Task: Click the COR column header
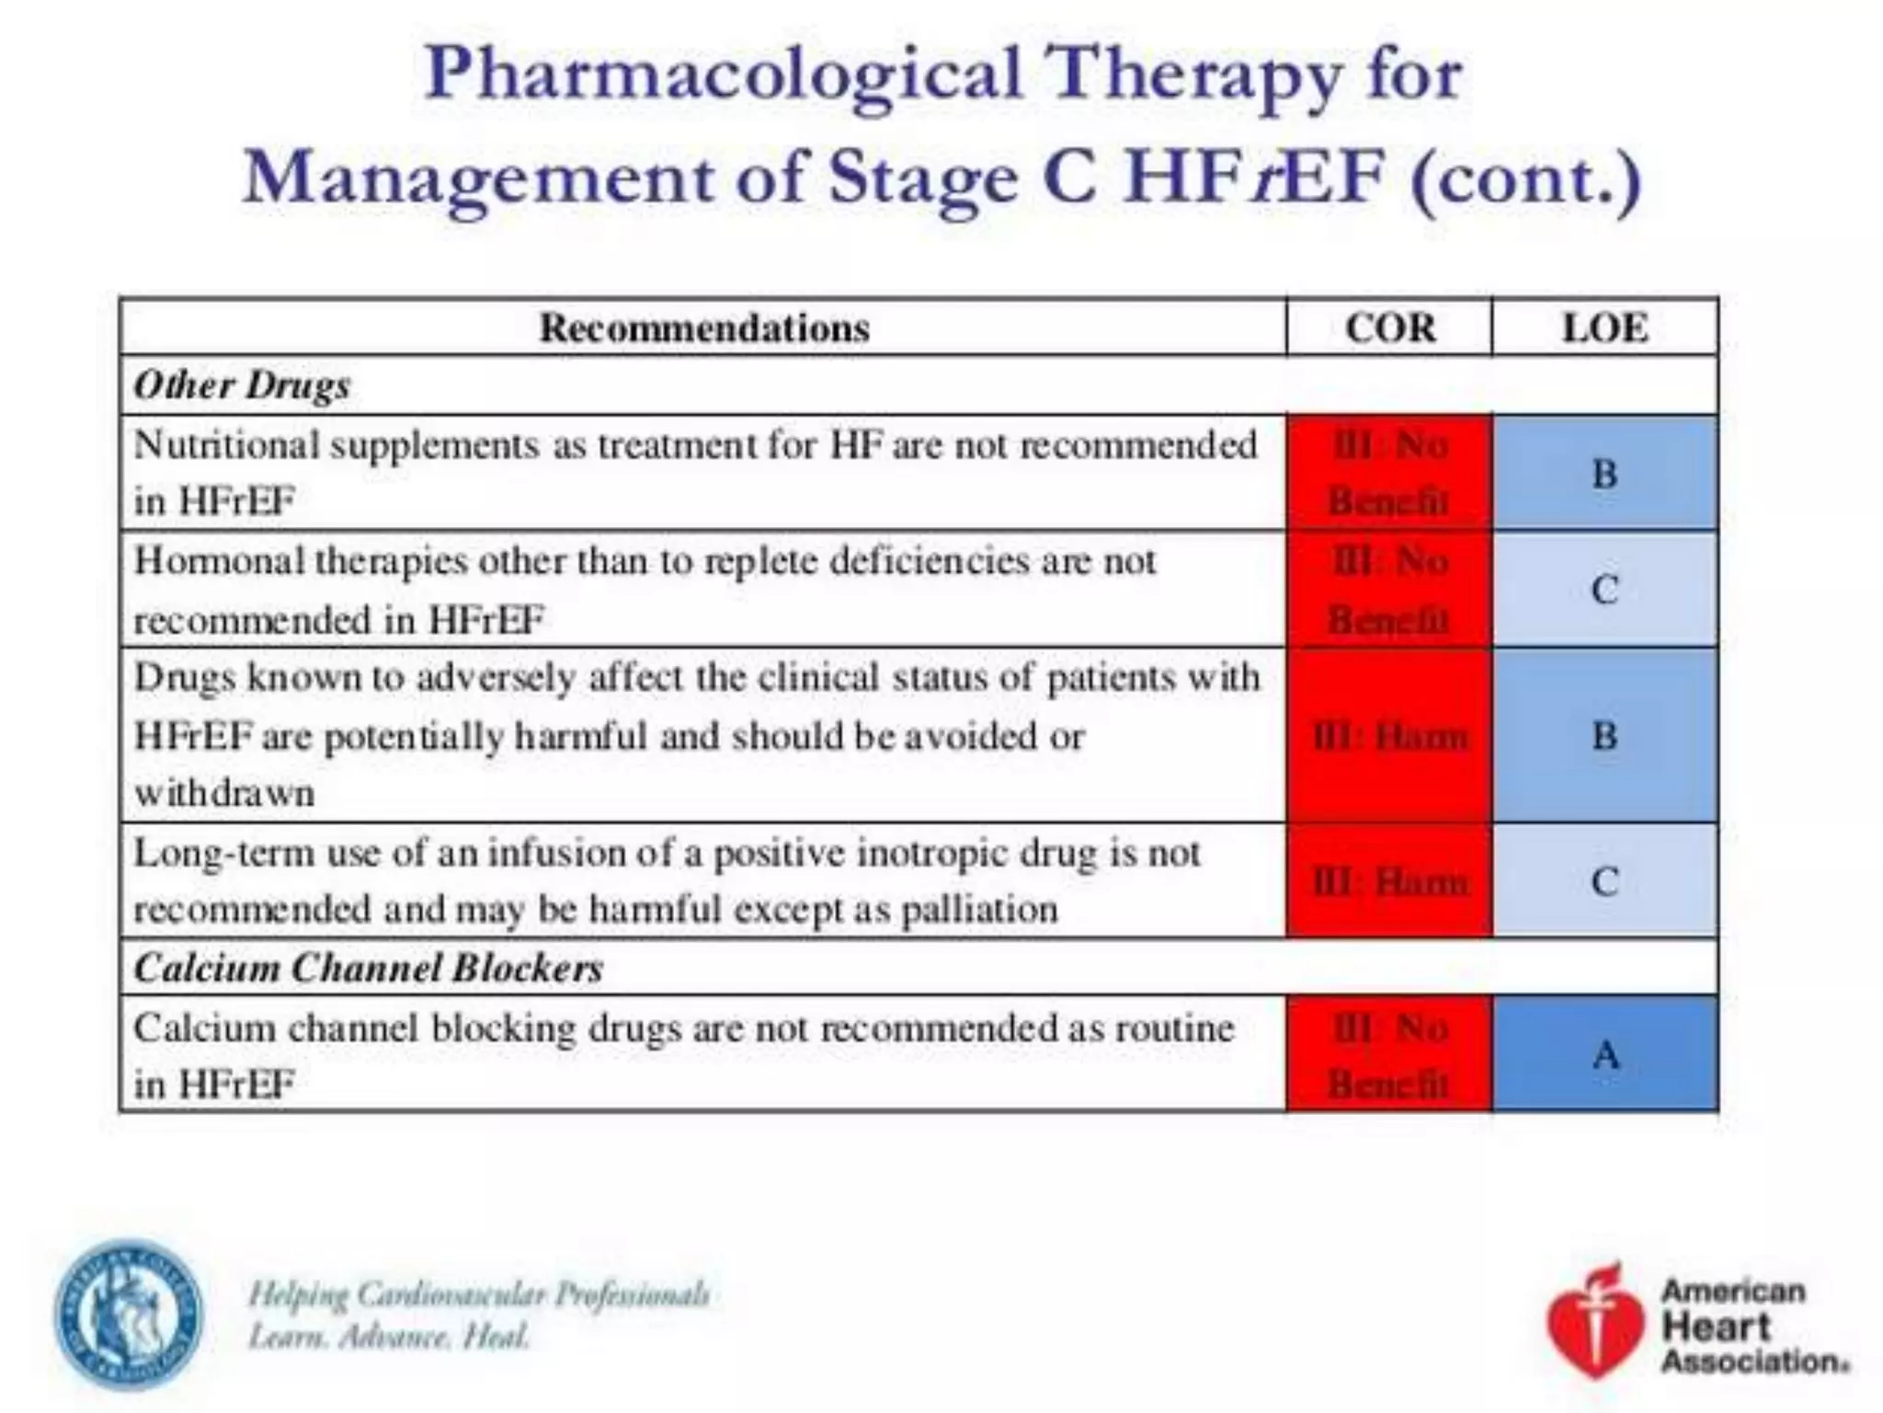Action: [x=1389, y=327]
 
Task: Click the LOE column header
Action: [x=1604, y=327]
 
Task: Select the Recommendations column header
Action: [x=703, y=327]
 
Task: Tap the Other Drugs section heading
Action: [x=242, y=385]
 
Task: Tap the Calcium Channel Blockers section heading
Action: [x=368, y=968]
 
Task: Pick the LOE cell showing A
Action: [x=1605, y=1054]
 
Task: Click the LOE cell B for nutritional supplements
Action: [x=1605, y=474]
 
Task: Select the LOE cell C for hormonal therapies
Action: [x=1605, y=590]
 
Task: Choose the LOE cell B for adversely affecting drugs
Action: [x=1605, y=735]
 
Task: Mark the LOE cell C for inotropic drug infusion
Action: [x=1605, y=881]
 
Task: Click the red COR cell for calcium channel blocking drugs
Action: [x=1389, y=1054]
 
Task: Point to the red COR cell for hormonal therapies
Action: [x=1389, y=590]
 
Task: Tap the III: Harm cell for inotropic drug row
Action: [x=1389, y=881]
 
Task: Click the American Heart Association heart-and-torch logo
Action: [x=1594, y=1323]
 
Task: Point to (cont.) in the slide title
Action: [x=1525, y=178]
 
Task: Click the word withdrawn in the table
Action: [x=224, y=793]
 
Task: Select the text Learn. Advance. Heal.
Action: [x=389, y=1336]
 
